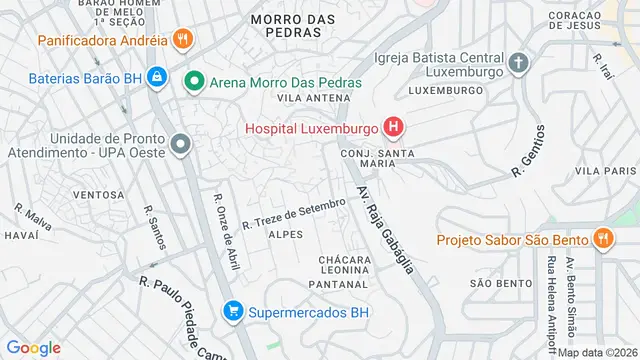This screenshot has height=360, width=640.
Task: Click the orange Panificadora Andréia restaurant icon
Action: (182, 41)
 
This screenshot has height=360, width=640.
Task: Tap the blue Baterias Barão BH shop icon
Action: (157, 76)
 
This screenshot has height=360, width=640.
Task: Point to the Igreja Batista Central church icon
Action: (518, 63)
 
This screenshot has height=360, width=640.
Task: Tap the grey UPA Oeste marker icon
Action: (180, 145)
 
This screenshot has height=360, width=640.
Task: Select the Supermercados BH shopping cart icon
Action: (233, 311)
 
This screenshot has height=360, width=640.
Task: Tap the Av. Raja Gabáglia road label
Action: (386, 226)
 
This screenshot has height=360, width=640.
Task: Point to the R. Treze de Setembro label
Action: (293, 214)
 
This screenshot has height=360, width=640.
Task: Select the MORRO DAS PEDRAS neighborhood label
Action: (286, 25)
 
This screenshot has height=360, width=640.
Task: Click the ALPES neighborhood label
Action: (285, 234)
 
